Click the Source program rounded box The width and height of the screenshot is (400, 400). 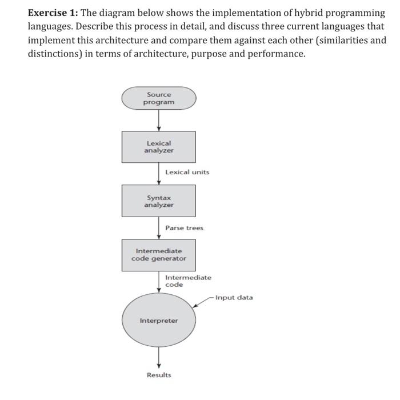pyautogui.click(x=159, y=98)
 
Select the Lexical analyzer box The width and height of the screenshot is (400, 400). pyautogui.click(x=159, y=147)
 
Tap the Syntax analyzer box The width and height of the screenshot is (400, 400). pyautogui.click(x=159, y=201)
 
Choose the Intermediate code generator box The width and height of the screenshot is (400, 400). pyautogui.click(x=159, y=254)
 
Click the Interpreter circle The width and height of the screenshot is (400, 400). pyautogui.click(x=159, y=321)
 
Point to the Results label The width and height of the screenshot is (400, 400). pyautogui.click(x=159, y=375)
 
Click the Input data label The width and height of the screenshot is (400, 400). pyautogui.click(x=234, y=297)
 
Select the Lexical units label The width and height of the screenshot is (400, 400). pyautogui.click(x=187, y=172)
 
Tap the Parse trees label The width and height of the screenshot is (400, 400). pyautogui.click(x=184, y=227)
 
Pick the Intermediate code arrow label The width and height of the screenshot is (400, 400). pyautogui.click(x=188, y=281)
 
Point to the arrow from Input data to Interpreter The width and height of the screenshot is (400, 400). pyautogui.click(x=203, y=302)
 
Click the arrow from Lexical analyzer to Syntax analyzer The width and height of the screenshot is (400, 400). pyautogui.click(x=159, y=174)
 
